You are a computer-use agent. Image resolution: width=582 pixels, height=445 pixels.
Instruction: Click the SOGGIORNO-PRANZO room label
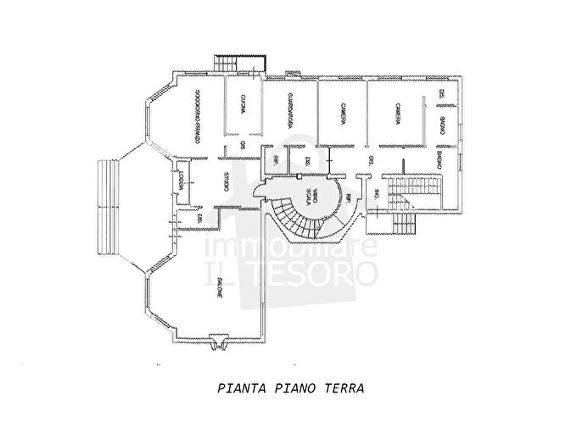point(196,119)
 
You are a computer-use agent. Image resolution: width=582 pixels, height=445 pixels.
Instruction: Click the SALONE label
point(220,291)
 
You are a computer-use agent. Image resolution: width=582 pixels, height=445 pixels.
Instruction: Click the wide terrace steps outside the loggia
point(109,207)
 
